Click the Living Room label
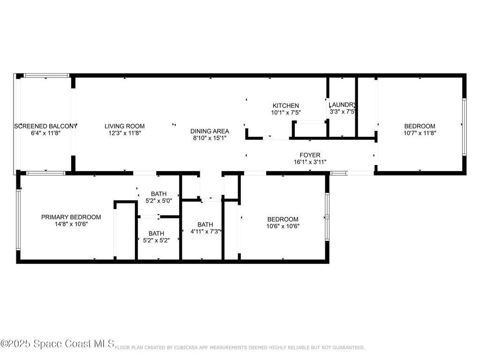click(x=125, y=126)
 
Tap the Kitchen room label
click(x=286, y=105)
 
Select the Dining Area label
click(x=210, y=131)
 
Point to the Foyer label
click(x=310, y=155)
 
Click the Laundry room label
click(x=342, y=105)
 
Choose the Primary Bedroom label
click(x=71, y=217)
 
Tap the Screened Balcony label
click(x=45, y=126)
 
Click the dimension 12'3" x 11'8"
click(x=125, y=133)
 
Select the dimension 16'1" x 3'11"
click(x=310, y=162)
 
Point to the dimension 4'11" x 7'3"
click(x=205, y=232)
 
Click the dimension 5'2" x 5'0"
click(x=158, y=201)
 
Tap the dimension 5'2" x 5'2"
click(x=157, y=240)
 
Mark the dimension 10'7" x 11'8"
click(x=420, y=133)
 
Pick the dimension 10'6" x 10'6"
click(x=283, y=226)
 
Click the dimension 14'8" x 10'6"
click(x=71, y=224)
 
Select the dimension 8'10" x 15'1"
click(x=210, y=138)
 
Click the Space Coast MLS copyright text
click(x=57, y=344)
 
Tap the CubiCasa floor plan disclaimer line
click(x=240, y=347)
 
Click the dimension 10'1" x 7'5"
click(x=286, y=112)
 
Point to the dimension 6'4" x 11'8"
click(x=45, y=133)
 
